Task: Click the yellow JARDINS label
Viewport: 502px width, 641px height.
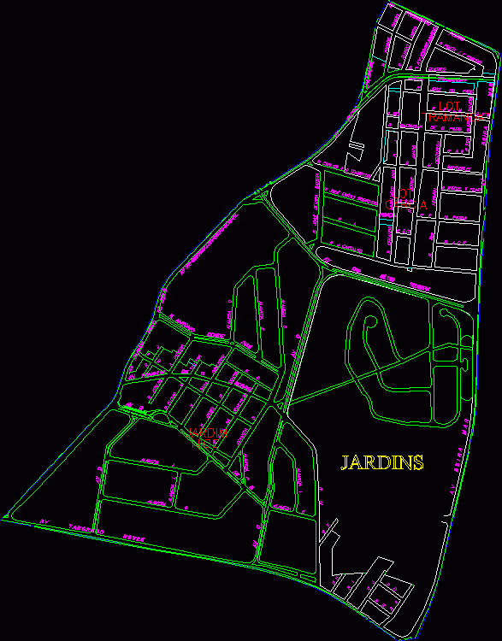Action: point(382,463)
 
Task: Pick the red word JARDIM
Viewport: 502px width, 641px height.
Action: point(208,433)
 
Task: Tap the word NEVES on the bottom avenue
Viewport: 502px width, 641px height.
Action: point(133,538)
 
